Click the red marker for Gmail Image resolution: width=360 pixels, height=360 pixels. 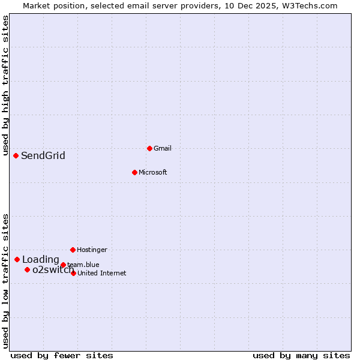(149, 148)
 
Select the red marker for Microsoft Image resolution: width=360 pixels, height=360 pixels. (134, 172)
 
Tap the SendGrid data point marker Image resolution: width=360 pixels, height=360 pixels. (16, 155)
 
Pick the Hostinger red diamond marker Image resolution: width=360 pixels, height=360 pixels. (73, 250)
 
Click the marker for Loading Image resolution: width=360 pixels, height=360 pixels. (17, 259)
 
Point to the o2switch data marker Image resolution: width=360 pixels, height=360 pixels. (27, 269)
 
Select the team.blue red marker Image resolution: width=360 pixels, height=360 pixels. (63, 265)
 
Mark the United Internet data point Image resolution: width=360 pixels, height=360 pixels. (73, 273)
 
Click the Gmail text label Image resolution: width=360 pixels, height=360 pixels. (163, 149)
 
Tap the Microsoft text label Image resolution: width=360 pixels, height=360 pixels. (153, 173)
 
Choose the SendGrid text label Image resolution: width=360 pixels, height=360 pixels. (43, 156)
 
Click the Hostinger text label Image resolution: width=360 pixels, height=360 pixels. (92, 250)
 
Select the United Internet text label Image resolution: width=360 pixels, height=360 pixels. (102, 274)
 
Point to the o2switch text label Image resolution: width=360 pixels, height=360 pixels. (53, 270)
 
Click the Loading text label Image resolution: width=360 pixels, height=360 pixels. (41, 260)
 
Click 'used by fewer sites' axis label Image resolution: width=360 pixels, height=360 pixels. (62, 356)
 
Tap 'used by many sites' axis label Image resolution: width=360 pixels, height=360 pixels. (301, 356)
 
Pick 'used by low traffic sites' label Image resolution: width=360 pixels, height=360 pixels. (6, 281)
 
